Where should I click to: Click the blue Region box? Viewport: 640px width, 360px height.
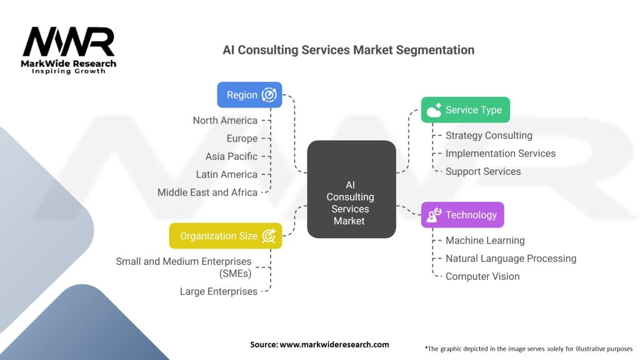pos(249,95)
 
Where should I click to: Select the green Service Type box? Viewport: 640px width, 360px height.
pos(465,110)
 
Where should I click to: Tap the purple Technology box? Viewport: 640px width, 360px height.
pos(462,215)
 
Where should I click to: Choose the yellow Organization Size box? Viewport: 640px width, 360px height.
pos(225,236)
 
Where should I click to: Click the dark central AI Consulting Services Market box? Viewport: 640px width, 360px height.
pos(351,189)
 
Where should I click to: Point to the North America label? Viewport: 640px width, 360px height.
pos(225,121)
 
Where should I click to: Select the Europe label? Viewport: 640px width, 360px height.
pos(242,138)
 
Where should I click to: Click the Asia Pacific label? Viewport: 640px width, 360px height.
pos(231,156)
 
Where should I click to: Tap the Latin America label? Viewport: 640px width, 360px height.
pos(226,174)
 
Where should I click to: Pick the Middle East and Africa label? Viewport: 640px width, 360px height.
pos(207,192)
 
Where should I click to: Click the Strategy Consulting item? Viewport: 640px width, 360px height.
pos(489,136)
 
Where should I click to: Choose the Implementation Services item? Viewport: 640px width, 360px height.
pos(501,154)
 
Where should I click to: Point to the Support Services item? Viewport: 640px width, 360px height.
pos(483,171)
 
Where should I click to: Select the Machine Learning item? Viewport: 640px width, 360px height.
pos(485,241)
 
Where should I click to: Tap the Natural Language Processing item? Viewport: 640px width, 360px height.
pos(511,258)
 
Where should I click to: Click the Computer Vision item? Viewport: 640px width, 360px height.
pos(482,276)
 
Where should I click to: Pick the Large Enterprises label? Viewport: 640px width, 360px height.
pos(218,291)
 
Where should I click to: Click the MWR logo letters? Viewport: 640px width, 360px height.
pos(69,42)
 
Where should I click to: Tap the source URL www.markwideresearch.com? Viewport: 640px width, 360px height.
pos(334,344)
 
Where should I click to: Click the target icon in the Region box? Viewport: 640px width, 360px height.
pos(269,95)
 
